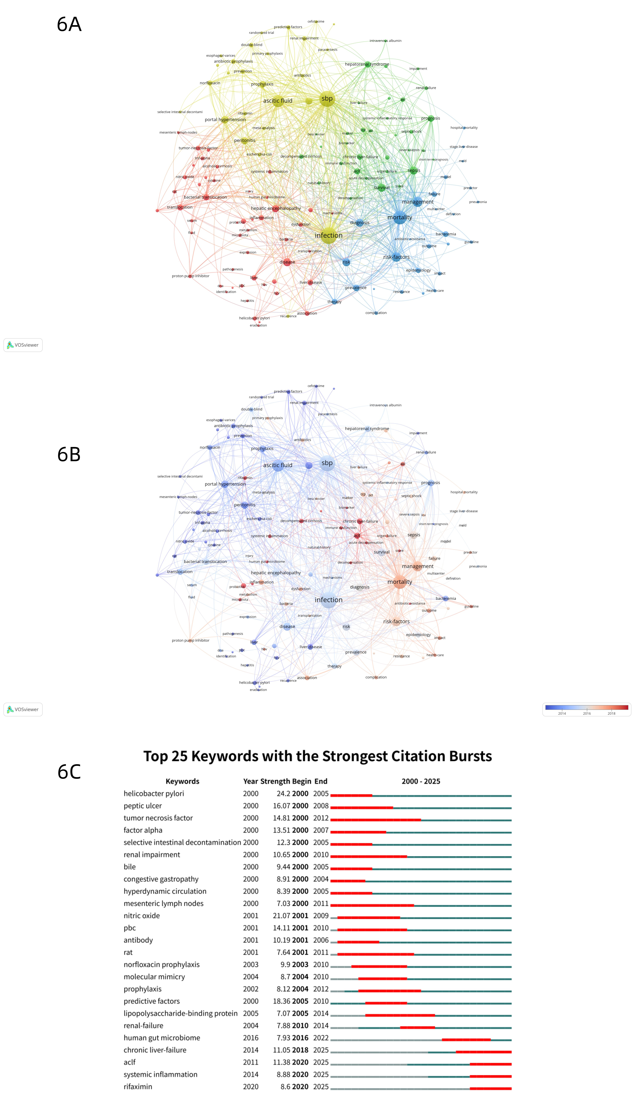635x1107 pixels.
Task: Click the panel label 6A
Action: pyautogui.click(x=69, y=24)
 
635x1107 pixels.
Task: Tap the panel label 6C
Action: pyautogui.click(x=69, y=772)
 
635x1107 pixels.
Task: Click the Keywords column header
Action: pyautogui.click(x=182, y=781)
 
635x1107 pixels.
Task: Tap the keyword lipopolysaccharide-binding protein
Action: pyautogui.click(x=181, y=1014)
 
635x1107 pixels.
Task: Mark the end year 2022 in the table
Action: pyautogui.click(x=321, y=1038)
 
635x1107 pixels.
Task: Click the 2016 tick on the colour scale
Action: pyautogui.click(x=587, y=713)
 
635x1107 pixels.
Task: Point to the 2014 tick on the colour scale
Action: pyautogui.click(x=562, y=713)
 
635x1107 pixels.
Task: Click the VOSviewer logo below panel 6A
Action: pyautogui.click(x=23, y=345)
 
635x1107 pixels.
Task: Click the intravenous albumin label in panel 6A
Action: pyautogui.click(x=386, y=41)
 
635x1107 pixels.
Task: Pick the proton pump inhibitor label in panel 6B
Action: pyautogui.click(x=191, y=640)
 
